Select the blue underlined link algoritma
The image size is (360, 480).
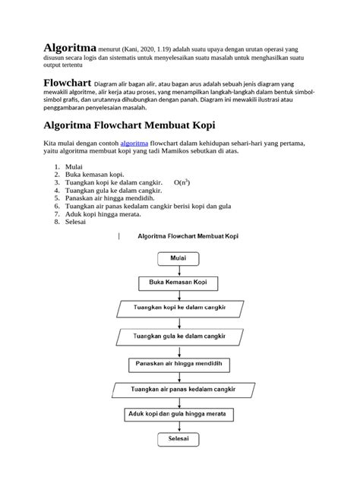click(136, 144)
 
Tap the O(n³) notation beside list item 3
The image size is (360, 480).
click(182, 183)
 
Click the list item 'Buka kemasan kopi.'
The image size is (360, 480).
click(95, 175)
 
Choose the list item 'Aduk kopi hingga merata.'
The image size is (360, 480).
click(101, 215)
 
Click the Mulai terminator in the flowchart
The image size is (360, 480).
click(178, 258)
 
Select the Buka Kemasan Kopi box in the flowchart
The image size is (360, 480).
click(178, 283)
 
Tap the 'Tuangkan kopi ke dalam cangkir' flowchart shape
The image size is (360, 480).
click(178, 309)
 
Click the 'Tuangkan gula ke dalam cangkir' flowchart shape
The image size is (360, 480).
click(178, 336)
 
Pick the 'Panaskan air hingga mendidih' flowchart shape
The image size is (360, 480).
click(178, 364)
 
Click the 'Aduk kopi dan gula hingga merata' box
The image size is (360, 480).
click(178, 414)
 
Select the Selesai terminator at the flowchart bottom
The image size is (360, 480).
click(178, 440)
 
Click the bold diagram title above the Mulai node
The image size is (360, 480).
click(188, 236)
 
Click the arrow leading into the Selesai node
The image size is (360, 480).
click(178, 427)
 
